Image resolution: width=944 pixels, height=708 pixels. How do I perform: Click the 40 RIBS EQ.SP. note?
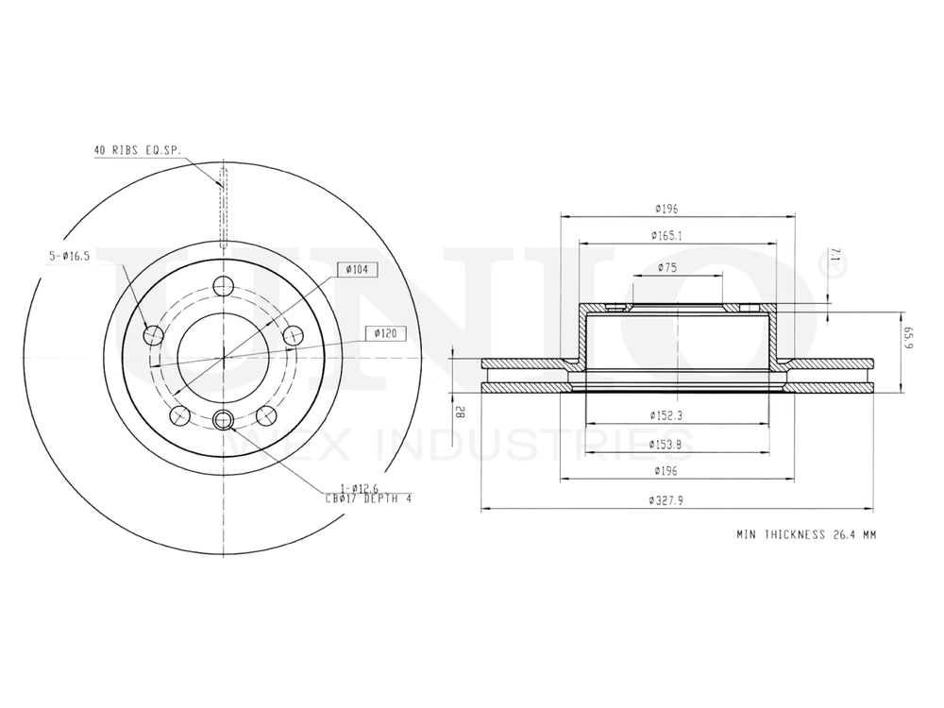pos(137,150)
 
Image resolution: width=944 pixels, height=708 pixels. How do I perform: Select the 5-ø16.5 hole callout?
pos(68,256)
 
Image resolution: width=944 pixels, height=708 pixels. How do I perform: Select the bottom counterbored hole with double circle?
pos(224,421)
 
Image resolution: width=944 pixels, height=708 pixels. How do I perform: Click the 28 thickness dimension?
pos(460,411)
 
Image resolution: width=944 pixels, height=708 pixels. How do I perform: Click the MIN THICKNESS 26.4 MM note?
pos(806,534)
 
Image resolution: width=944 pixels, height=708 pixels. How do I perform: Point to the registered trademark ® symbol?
pos(835,267)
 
